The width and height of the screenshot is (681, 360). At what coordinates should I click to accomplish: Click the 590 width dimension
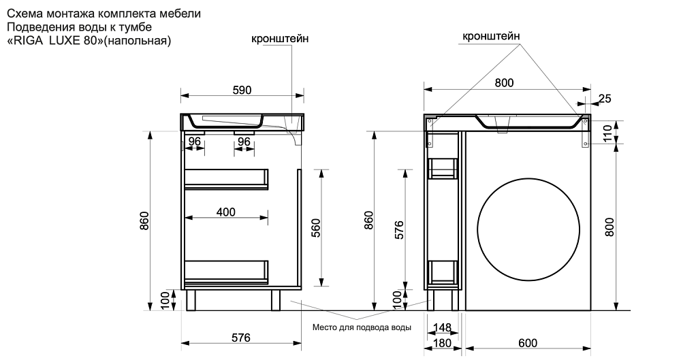(242, 90)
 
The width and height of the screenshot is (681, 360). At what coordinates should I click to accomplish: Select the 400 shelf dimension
(226, 212)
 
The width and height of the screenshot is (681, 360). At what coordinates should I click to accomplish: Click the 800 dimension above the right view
(504, 82)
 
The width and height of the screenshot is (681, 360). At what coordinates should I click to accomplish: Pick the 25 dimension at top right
(604, 99)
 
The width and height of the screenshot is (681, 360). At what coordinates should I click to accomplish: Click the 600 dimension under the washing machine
(528, 342)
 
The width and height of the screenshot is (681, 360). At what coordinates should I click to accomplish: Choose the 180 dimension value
(443, 342)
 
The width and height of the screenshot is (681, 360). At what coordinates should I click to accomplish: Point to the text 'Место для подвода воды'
(362, 327)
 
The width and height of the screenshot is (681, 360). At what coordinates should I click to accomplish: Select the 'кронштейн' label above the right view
(492, 36)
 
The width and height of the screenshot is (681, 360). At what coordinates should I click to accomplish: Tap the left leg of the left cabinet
(191, 299)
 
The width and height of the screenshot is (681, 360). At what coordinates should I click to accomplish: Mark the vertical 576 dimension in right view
(400, 231)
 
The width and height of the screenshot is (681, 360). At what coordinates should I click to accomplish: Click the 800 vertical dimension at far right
(609, 226)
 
